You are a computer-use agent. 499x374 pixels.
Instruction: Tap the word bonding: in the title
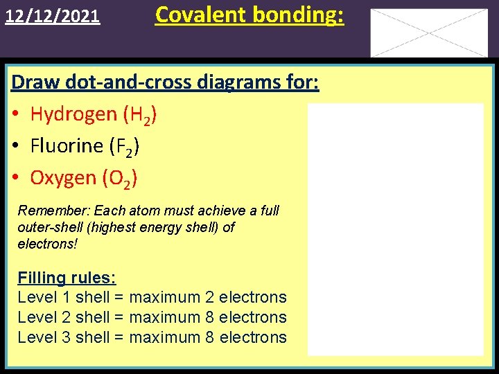[x=302, y=14]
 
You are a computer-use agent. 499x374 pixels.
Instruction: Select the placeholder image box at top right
[x=429, y=33]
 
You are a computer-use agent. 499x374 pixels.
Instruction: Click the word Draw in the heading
[x=36, y=82]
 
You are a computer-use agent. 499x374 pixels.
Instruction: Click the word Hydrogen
[x=74, y=114]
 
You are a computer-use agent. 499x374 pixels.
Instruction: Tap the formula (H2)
[x=140, y=115]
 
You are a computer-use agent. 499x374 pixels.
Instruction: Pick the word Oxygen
[x=63, y=178]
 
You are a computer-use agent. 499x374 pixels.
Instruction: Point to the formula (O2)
[x=119, y=179]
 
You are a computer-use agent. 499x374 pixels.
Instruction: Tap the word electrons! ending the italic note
[x=48, y=244]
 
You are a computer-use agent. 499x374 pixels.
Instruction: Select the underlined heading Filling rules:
[x=67, y=278]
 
